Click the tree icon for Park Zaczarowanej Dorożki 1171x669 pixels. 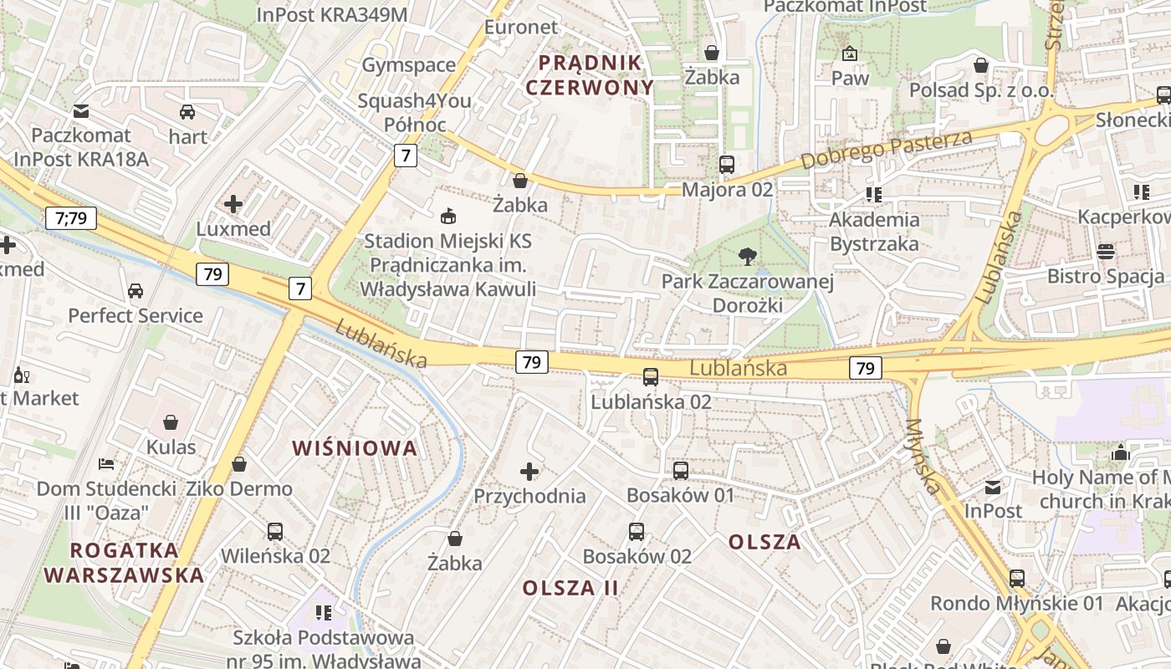747,256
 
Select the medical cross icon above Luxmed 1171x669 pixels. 233,203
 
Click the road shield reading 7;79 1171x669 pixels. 71,219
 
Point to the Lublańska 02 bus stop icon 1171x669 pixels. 651,376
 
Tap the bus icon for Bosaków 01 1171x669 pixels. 681,470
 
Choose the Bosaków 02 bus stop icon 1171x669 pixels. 637,531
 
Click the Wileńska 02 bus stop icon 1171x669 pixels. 275,531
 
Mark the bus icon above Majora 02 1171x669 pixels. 727,165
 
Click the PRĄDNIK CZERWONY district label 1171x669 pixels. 590,74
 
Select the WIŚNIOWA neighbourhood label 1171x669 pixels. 355,448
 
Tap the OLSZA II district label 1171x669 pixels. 570,588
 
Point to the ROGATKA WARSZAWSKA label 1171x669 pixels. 124,563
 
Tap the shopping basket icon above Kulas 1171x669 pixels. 171,422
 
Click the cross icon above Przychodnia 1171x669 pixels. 529,472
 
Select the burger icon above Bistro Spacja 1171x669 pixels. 1106,251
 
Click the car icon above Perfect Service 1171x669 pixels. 136,291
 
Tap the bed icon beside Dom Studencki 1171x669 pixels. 106,463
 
